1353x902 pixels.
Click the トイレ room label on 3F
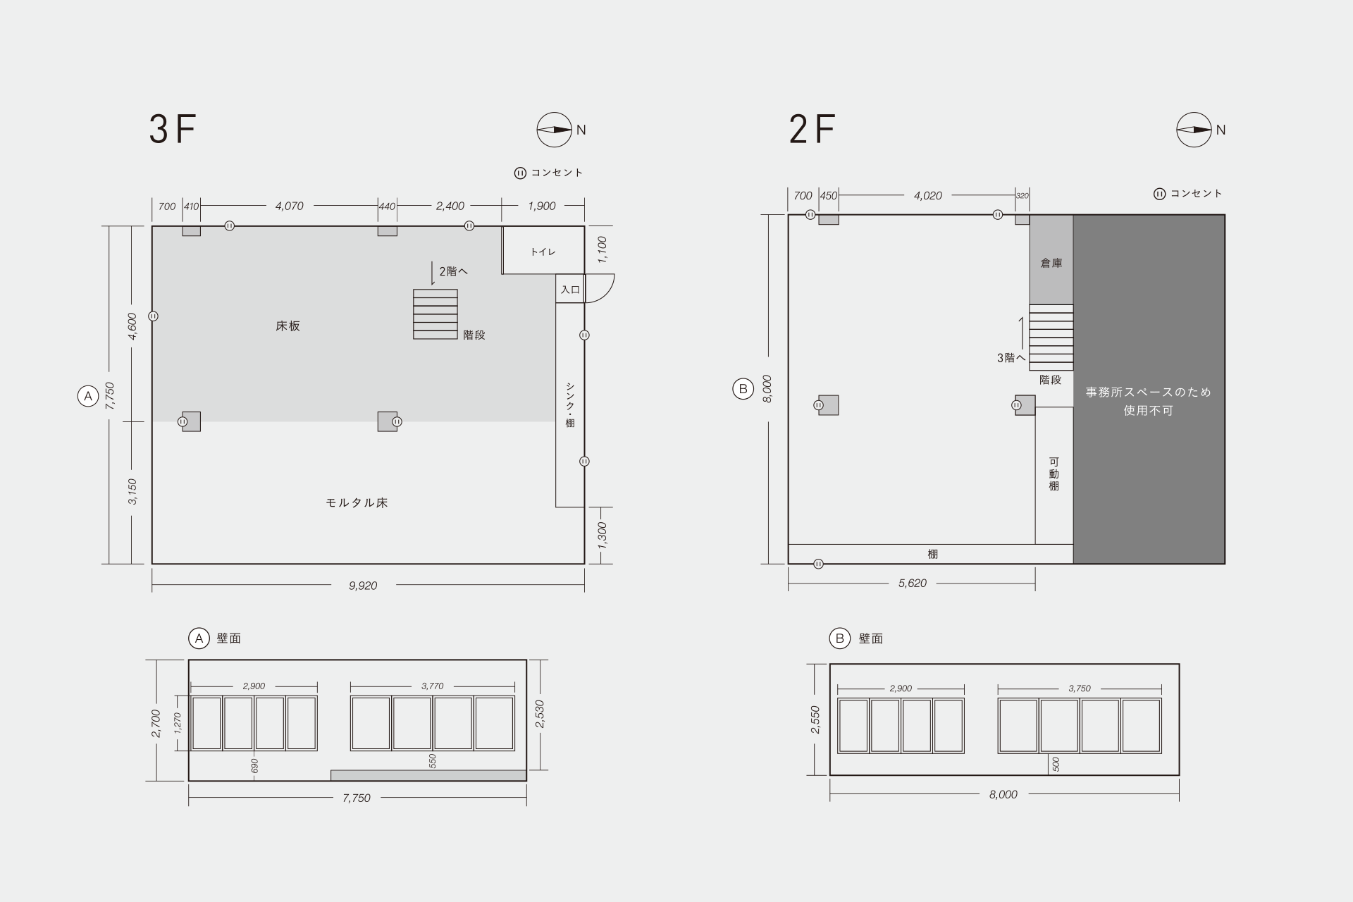543,252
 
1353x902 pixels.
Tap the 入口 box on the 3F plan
570,289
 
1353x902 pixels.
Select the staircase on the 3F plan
435,314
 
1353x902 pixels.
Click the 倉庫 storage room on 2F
1051,260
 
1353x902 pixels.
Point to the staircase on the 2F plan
1051,338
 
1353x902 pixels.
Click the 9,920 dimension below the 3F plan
363,586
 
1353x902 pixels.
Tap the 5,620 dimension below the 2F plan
913,583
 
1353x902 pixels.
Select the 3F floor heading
172,129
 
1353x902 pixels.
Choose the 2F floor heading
813,129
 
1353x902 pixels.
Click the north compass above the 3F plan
555,130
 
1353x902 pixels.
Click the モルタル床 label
357,503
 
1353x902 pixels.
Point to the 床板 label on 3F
288,326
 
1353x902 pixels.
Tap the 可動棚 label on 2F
1054,474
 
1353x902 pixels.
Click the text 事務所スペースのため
1149,393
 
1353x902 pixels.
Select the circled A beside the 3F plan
87,396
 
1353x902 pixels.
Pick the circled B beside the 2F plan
743,388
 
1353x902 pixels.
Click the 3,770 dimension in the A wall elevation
433,686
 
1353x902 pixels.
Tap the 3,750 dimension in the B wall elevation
1080,688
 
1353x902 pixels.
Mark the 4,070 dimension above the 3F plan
290,206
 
